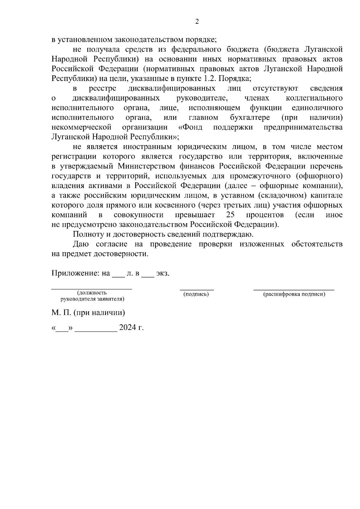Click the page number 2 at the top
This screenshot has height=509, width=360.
click(x=197, y=22)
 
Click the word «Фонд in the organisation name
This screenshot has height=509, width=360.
click(x=190, y=127)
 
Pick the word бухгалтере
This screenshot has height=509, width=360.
click(x=250, y=117)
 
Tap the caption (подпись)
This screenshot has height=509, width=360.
click(x=196, y=295)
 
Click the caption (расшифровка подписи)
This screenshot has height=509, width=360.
click(x=294, y=295)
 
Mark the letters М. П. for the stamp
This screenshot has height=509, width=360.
click(x=61, y=313)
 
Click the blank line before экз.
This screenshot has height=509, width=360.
click(x=148, y=276)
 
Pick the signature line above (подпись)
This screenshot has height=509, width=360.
click(x=197, y=289)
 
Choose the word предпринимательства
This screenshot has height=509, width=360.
click(x=303, y=127)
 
